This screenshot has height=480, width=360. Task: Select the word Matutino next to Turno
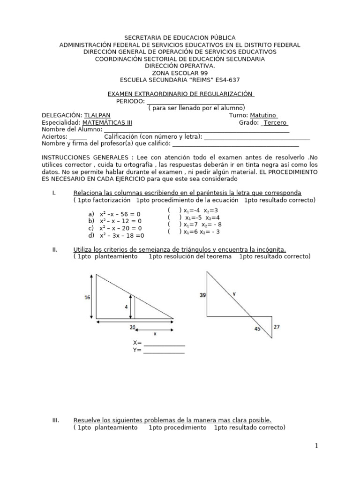pyautogui.click(x=263, y=115)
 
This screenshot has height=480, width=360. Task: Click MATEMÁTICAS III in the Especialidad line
pyautogui.click(x=107, y=122)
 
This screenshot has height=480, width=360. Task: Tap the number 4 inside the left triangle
pyautogui.click(x=126, y=307)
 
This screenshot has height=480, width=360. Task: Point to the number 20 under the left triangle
pyautogui.click(x=133, y=327)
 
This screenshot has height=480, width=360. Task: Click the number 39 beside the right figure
pyautogui.click(x=202, y=295)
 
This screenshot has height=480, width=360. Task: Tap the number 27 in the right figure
pyautogui.click(x=277, y=327)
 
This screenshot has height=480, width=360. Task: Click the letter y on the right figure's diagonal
pyautogui.click(x=234, y=294)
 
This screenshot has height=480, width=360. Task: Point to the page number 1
pyautogui.click(x=316, y=446)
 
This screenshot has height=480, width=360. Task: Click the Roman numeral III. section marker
pyautogui.click(x=56, y=420)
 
